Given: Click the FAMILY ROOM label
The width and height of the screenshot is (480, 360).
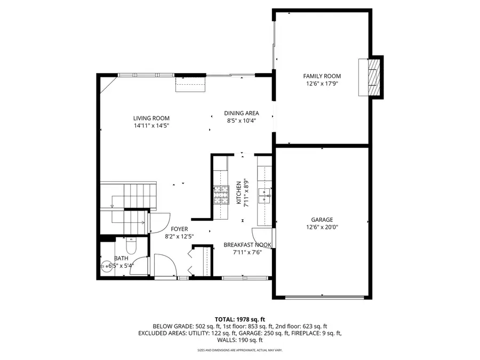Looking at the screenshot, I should point(322,76).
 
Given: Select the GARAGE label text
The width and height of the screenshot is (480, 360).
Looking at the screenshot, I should point(322,219).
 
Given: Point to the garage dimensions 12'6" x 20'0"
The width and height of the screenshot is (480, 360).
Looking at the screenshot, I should point(322,227).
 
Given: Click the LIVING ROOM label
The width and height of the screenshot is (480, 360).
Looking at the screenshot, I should point(151,118).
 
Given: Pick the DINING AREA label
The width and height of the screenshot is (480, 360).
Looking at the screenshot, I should point(241,113).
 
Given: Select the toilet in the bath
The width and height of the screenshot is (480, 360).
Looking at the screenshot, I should point(131,247).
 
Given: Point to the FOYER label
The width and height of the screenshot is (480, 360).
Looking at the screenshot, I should point(179,229).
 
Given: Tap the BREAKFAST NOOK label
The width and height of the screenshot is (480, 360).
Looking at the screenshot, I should point(247,245).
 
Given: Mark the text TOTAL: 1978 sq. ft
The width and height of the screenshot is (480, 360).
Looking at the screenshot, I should point(239,318).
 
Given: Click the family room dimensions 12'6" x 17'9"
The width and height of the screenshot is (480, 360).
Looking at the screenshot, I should point(322,84).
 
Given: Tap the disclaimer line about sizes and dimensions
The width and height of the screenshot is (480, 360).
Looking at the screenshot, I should point(239,350).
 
